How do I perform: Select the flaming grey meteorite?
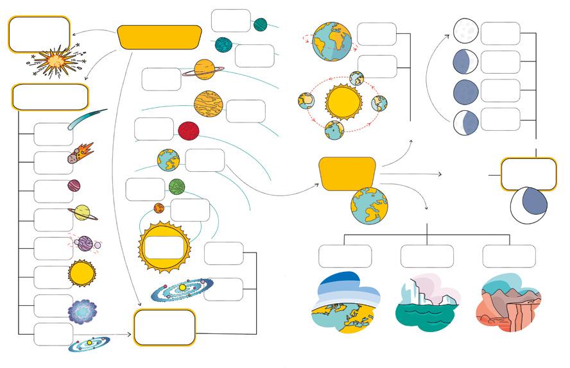pyautogui.click(x=81, y=154)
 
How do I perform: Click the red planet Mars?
pyautogui.click(x=188, y=131)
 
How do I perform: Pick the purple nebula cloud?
pyautogui.click(x=82, y=311)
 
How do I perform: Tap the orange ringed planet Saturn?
pyautogui.click(x=204, y=69)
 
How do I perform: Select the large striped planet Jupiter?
pyautogui.click(x=208, y=103)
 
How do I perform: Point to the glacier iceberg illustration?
pyautogui.click(x=427, y=305)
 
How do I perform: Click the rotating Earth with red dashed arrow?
pyautogui.click(x=331, y=40)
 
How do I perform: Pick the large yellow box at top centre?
pyautogui.click(x=160, y=37)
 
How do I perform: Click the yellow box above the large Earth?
pyautogui.click(x=347, y=173)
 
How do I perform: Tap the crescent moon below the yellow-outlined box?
pyautogui.click(x=530, y=205)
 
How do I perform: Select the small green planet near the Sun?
pyautogui.click(x=177, y=187)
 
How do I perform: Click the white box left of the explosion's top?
pyautogui.click(x=39, y=34)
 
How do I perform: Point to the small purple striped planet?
pyautogui.click(x=74, y=186)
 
